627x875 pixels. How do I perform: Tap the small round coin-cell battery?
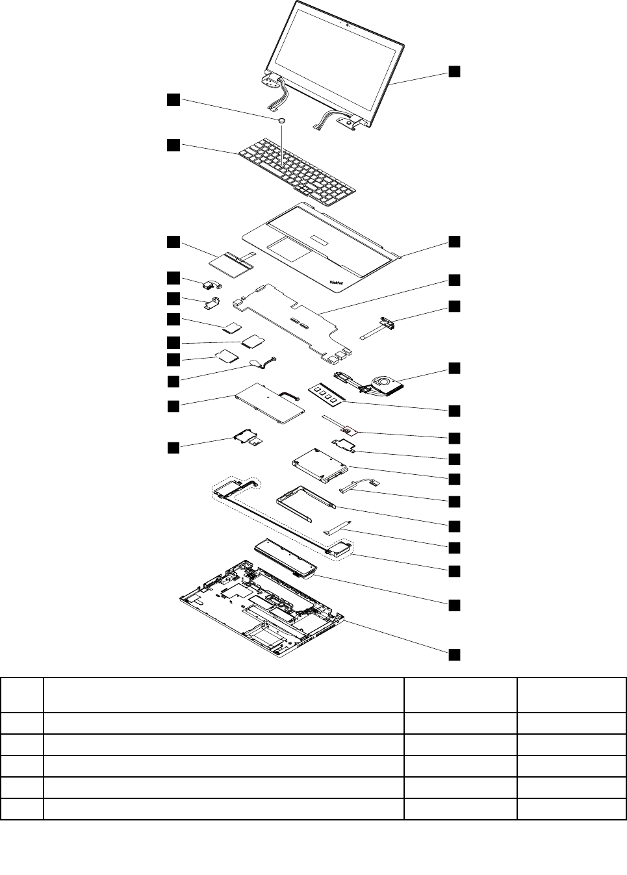coord(282,120)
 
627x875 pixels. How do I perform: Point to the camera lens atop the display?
coord(348,26)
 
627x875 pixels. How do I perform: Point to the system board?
coord(292,318)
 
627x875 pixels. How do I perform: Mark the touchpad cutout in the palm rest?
coord(290,247)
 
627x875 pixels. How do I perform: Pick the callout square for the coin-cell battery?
coord(173,99)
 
